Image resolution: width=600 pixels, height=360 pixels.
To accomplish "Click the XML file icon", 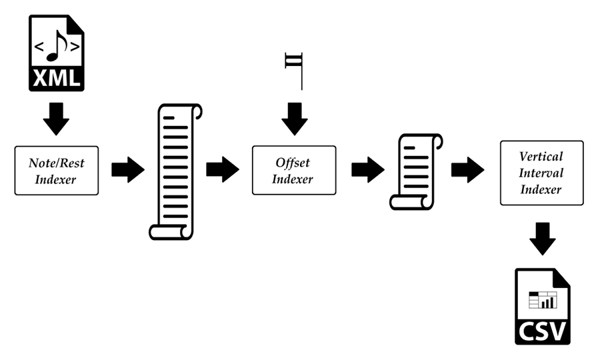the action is click(x=56, y=53).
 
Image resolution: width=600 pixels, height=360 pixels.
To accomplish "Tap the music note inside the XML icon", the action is click(x=56, y=46).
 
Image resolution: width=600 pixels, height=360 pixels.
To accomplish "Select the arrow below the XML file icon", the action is click(x=56, y=119).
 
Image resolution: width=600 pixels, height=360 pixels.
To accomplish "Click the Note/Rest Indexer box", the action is click(x=57, y=171).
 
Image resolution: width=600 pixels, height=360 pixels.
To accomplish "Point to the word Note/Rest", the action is click(x=56, y=163).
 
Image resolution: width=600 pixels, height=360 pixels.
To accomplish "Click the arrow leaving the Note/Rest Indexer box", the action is click(x=128, y=169).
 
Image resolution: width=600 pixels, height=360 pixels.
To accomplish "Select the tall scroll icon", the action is click(x=175, y=172).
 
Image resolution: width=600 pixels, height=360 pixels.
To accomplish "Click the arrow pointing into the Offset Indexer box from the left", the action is click(x=223, y=169).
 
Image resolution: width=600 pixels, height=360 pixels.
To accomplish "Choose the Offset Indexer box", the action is click(x=294, y=170).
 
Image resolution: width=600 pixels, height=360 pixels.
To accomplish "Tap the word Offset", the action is click(x=293, y=163).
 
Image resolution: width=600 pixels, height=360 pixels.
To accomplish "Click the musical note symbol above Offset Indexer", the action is click(x=294, y=71).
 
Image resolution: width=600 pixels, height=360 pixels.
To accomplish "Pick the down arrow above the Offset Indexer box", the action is click(x=295, y=119).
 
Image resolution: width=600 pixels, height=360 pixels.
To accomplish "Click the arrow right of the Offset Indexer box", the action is click(x=368, y=169).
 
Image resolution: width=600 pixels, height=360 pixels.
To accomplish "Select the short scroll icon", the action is click(x=416, y=172).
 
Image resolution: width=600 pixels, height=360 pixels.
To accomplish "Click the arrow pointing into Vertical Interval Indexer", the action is click(x=467, y=169).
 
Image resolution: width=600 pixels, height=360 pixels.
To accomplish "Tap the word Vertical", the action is click(x=541, y=157).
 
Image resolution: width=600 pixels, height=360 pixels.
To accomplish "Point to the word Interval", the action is click(x=541, y=173).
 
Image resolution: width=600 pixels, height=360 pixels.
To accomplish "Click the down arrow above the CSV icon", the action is click(x=543, y=239).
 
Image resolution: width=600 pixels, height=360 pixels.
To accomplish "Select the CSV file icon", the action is click(x=543, y=307).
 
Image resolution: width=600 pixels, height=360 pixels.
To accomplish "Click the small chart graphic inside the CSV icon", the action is click(x=543, y=300).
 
